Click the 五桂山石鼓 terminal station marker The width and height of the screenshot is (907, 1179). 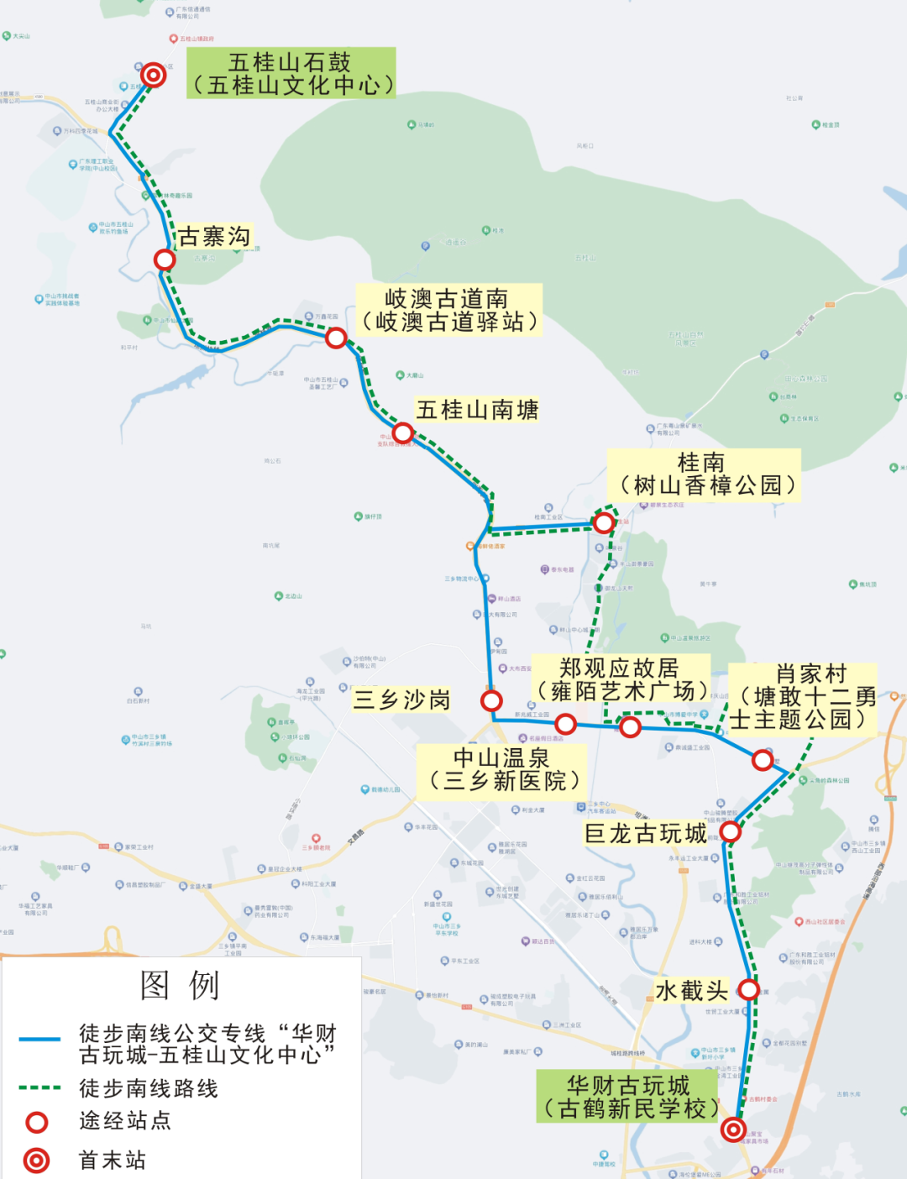click(x=153, y=75)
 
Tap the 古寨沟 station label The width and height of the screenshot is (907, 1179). click(x=214, y=237)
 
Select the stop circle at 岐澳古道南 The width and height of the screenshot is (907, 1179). click(x=336, y=338)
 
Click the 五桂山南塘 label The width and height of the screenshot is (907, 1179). click(x=477, y=410)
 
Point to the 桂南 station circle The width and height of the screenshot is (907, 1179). click(x=603, y=523)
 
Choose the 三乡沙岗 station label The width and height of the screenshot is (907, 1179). click(x=401, y=700)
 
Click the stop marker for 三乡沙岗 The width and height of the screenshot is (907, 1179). click(x=491, y=700)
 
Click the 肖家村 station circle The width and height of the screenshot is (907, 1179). click(x=763, y=760)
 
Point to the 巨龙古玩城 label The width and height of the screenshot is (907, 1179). click(x=645, y=833)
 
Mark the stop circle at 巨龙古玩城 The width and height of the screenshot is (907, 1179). click(x=730, y=831)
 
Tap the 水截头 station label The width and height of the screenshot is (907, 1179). click(x=691, y=991)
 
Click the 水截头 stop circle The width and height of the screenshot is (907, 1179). click(x=748, y=989)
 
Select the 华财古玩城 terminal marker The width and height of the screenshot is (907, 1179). click(x=733, y=1129)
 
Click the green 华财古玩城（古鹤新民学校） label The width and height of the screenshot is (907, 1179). click(x=628, y=1097)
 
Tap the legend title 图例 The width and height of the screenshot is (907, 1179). click(x=180, y=985)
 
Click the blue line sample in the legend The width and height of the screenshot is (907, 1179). click(x=39, y=1040)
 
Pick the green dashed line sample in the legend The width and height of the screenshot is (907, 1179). click(x=39, y=1088)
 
